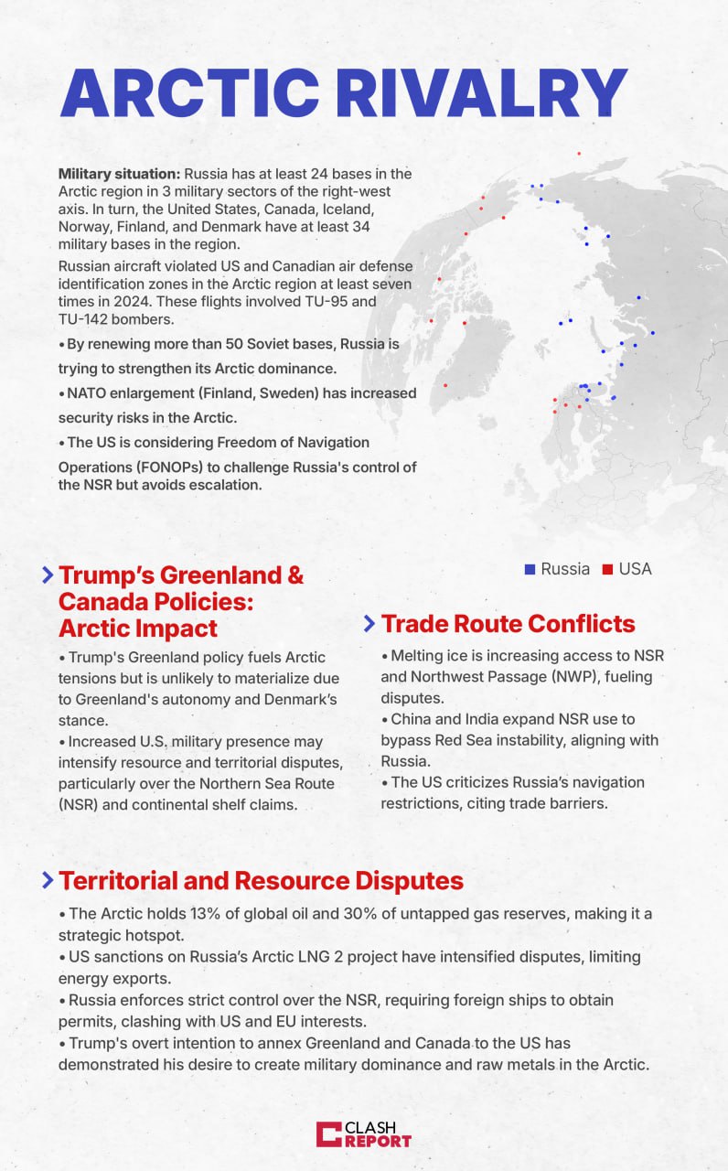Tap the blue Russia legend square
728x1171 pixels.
[x=530, y=569]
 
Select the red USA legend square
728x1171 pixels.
[x=607, y=569]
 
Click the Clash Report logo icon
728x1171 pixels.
[x=328, y=1134]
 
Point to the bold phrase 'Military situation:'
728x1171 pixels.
[x=119, y=173]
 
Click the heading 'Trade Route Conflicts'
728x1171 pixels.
[x=508, y=624]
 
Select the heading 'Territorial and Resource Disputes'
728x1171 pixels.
[x=261, y=881]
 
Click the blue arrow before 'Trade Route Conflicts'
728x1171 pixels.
[x=369, y=624]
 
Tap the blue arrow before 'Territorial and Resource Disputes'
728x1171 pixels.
[x=47, y=881]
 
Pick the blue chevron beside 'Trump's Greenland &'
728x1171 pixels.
[x=47, y=575]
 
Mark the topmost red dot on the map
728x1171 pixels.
[x=579, y=153]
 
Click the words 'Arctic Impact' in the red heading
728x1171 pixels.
[x=137, y=628]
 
